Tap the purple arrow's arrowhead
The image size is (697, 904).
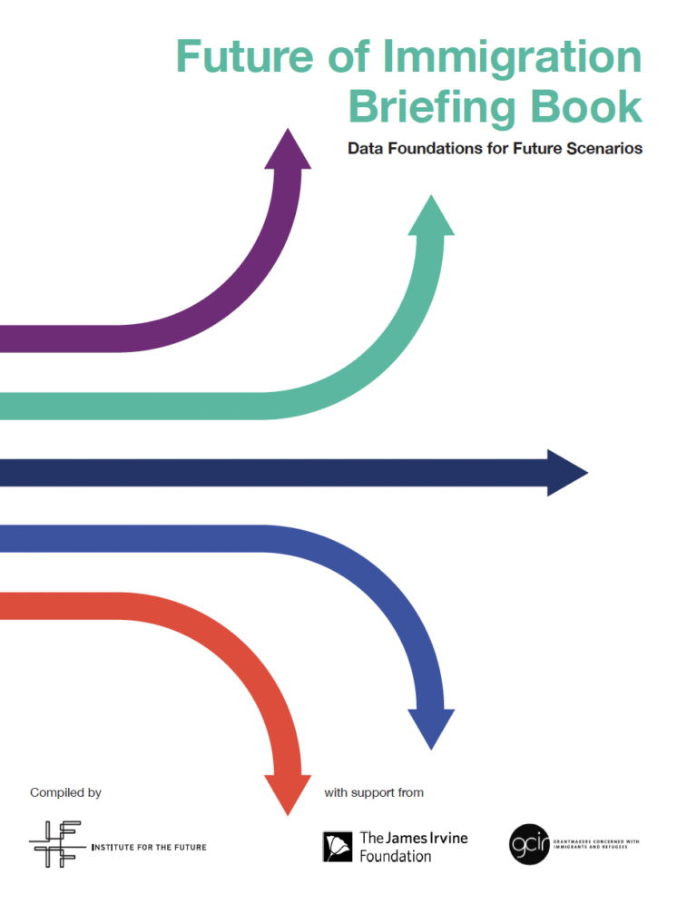coord(287,150)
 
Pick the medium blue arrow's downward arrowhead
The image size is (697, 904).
coord(431,725)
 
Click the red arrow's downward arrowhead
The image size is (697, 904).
coord(287,792)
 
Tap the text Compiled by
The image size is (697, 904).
coord(65,792)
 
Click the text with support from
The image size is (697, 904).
coord(374,792)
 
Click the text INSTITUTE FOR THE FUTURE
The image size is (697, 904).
coord(149,848)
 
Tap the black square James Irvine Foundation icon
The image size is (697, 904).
coord(338,846)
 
